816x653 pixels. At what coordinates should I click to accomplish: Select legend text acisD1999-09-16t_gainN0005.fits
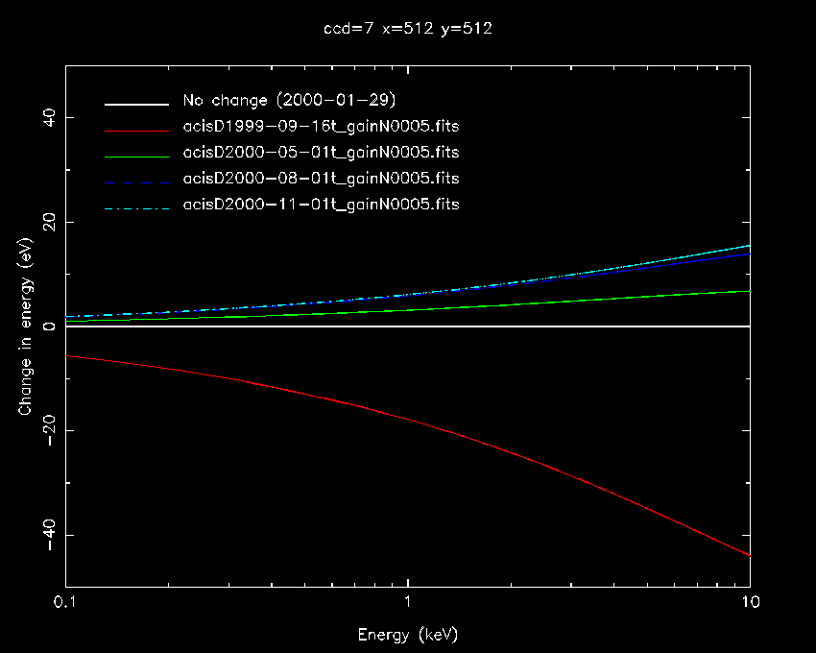pos(321,127)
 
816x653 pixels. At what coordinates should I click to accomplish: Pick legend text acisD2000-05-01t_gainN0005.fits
pos(321,153)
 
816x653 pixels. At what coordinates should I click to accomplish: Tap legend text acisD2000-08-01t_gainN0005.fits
pos(321,179)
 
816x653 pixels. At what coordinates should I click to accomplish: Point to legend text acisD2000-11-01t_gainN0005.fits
pos(321,205)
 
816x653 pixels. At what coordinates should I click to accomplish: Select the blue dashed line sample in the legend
pos(138,180)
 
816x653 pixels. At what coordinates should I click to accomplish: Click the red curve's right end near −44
pos(748,554)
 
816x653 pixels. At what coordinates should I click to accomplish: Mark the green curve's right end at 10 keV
pos(748,291)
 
